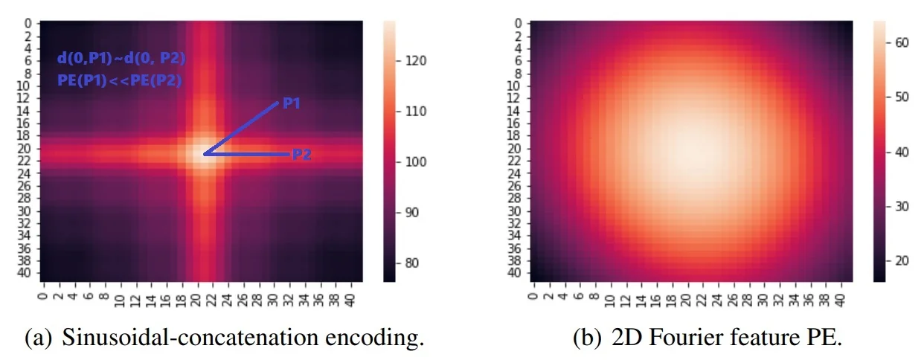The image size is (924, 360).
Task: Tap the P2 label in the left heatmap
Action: click(x=301, y=155)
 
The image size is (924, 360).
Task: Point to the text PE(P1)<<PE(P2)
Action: click(x=119, y=81)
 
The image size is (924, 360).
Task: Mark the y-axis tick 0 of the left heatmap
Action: click(x=28, y=24)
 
